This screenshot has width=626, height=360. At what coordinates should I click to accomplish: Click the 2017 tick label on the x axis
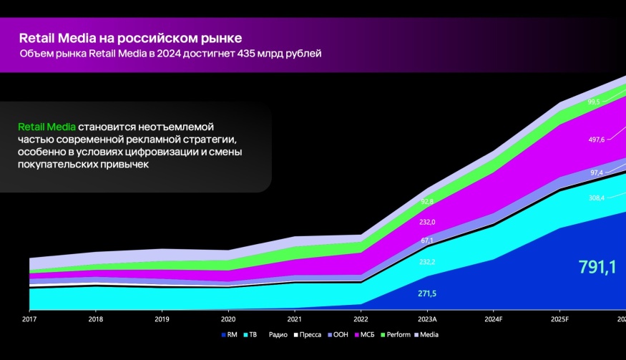coord(30,318)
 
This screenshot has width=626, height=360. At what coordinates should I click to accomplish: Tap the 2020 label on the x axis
coord(228,318)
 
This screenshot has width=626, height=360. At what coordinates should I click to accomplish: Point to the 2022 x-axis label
coord(361,318)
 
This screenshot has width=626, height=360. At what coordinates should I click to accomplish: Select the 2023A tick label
coord(427,318)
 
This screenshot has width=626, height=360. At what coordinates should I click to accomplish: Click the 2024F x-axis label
coord(493,318)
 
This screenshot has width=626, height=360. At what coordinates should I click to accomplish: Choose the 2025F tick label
coord(559,318)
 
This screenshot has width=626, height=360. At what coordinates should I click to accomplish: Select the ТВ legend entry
coord(252,334)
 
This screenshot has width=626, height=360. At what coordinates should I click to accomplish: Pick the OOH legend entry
coord(341,334)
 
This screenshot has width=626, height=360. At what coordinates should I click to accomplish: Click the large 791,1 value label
coord(597,268)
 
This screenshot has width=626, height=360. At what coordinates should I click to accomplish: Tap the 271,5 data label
coord(428,294)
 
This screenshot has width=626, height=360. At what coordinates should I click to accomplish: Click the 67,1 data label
coord(428,240)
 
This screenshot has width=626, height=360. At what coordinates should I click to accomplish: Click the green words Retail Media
coord(47,127)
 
